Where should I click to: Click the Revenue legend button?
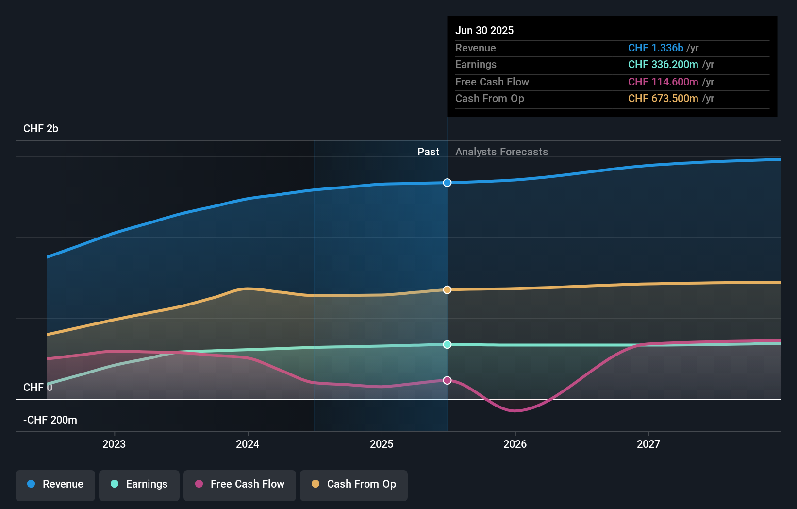(55, 485)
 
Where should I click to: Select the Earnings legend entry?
(139, 485)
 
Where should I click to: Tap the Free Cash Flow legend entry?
(240, 485)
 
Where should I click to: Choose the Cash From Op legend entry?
(354, 485)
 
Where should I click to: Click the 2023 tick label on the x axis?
(114, 444)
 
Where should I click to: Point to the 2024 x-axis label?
(248, 444)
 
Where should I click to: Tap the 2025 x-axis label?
(382, 444)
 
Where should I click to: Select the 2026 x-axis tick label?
(515, 444)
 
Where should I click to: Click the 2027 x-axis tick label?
(648, 444)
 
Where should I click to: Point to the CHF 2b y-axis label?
(41, 129)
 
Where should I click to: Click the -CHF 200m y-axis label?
(50, 420)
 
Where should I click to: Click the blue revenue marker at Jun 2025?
(448, 183)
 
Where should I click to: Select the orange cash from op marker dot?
(448, 290)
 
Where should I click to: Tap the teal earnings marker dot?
(448, 344)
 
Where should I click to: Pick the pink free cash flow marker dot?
(448, 380)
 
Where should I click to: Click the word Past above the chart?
(428, 152)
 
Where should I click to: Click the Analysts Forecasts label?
(501, 152)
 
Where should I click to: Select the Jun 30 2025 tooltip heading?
(484, 31)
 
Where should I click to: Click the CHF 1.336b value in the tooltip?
(655, 48)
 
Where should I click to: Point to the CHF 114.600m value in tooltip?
(663, 82)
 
